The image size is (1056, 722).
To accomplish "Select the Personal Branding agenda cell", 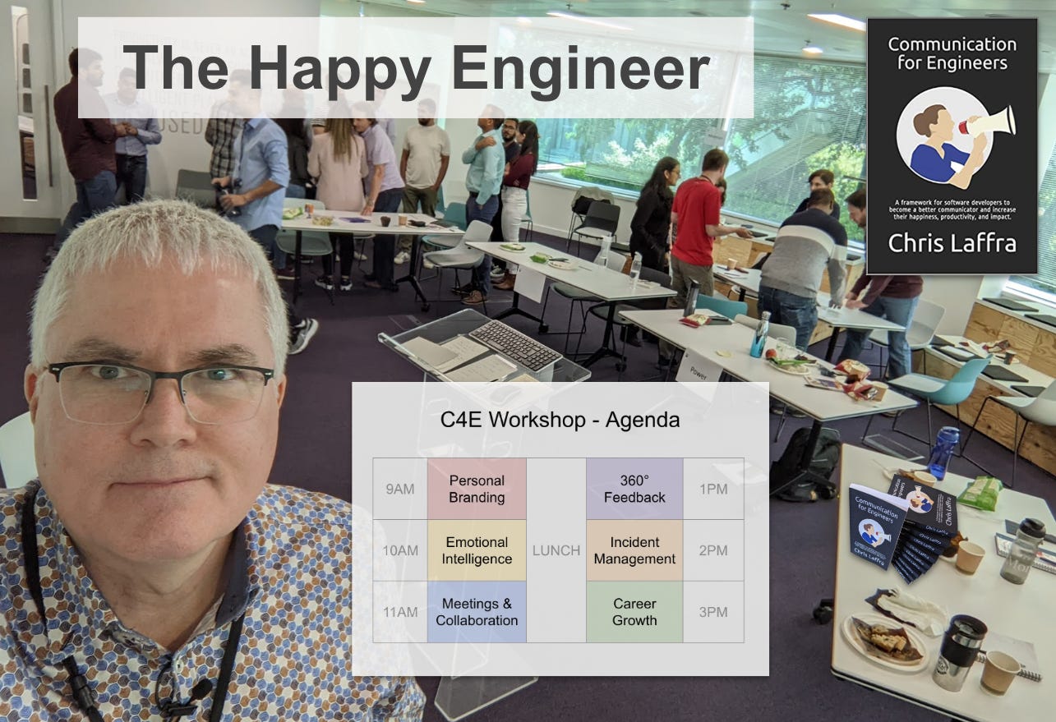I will point(477,489).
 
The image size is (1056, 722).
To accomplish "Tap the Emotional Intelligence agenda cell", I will point(477,550).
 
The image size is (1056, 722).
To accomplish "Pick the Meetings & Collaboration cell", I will point(477,612).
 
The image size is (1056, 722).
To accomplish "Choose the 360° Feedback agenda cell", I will point(634,489).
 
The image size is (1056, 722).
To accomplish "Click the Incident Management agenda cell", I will point(634,550).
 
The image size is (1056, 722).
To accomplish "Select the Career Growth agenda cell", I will point(634,612).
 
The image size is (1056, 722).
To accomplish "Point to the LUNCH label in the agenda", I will point(556,550).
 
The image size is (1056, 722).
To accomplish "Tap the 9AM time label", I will point(400,489).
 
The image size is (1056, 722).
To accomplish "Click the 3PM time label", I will point(713,612).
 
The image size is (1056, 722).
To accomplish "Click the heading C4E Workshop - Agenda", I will point(560,421).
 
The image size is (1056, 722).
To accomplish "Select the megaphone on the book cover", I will point(989,122).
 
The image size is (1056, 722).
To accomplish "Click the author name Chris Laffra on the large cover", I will point(952,244).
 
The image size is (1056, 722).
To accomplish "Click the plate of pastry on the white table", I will point(883,640).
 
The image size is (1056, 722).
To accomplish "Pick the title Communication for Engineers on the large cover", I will point(952,53).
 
